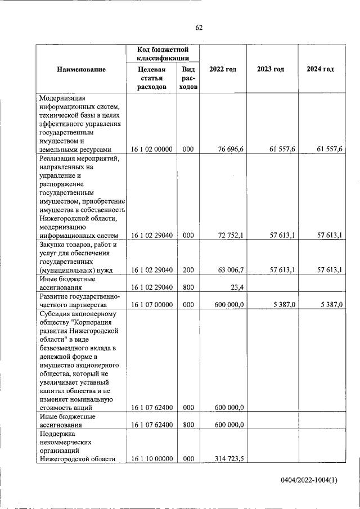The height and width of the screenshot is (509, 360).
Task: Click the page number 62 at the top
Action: [x=199, y=28]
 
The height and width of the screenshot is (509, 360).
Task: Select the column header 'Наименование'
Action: [x=81, y=69]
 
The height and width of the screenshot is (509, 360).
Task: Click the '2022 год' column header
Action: [x=223, y=69]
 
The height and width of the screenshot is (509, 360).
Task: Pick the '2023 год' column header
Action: [x=271, y=69]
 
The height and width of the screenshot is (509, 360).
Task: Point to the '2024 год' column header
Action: [x=320, y=69]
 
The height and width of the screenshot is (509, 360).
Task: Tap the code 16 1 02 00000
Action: [x=151, y=149]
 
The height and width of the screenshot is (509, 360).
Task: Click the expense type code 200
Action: [x=188, y=270]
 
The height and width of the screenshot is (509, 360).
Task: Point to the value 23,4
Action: [x=236, y=287]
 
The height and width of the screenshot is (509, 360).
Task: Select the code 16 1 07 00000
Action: [x=151, y=305]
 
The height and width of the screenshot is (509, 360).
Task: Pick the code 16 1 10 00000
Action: [x=151, y=459]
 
